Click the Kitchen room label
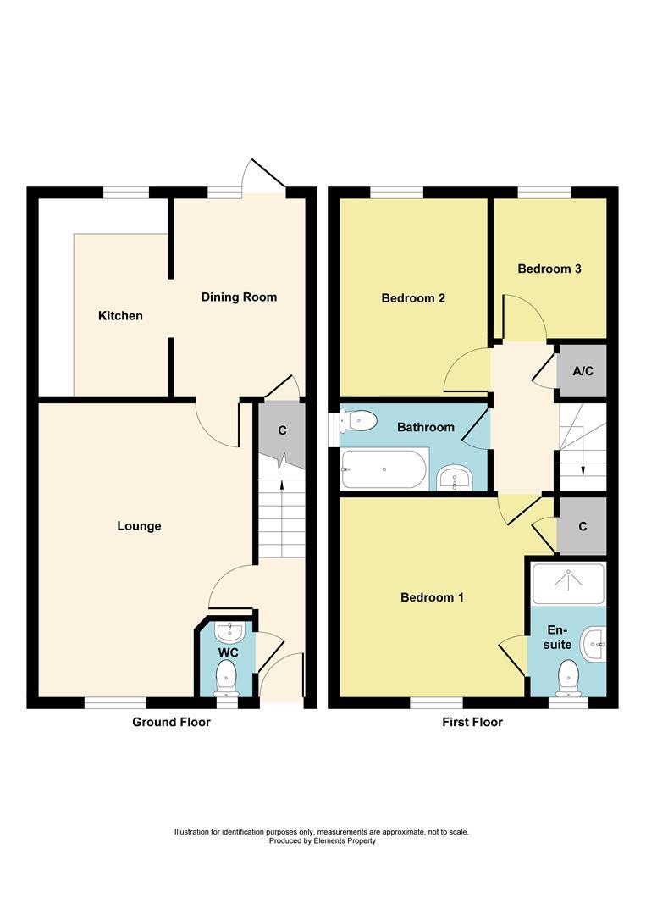tap(120, 316)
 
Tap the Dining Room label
tap(238, 297)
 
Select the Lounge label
tap(139, 526)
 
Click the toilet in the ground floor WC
tap(226, 677)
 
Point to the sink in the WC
tap(229, 632)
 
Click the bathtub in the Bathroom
tap(384, 469)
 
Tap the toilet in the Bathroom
tap(358, 419)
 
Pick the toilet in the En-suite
tap(567, 676)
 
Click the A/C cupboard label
tap(582, 372)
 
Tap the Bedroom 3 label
tap(549, 269)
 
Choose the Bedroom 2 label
tap(413, 298)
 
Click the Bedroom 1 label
tap(432, 597)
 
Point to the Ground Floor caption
tap(171, 722)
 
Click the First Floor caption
tap(472, 722)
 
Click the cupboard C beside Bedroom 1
tap(583, 526)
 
